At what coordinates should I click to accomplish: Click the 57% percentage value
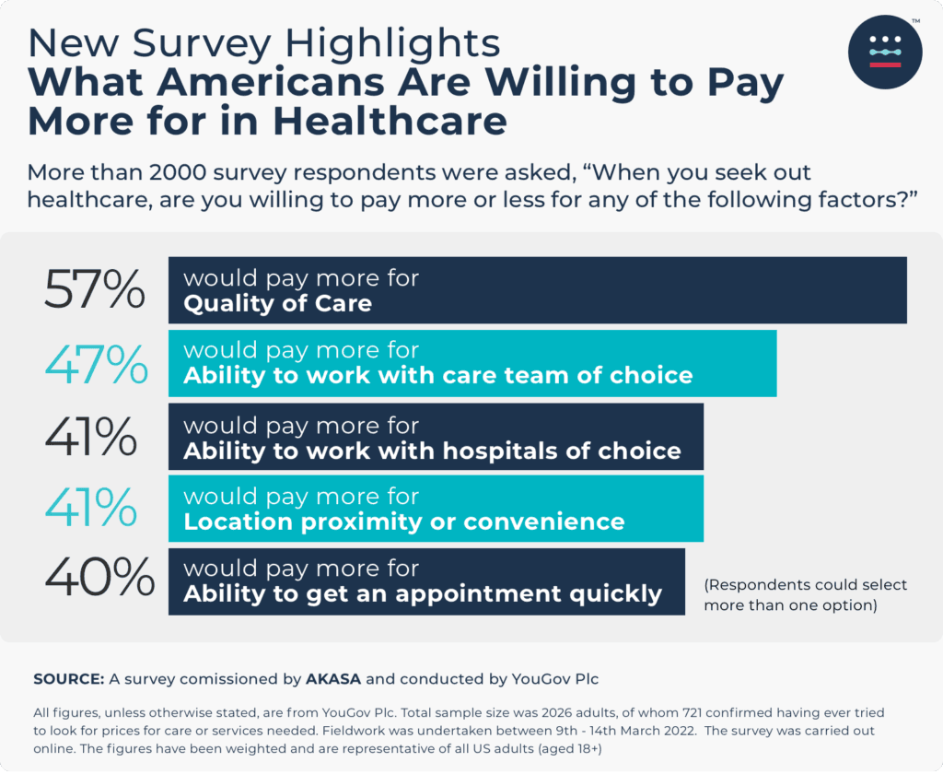pos(95,289)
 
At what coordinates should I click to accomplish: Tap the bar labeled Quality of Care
pos(537,290)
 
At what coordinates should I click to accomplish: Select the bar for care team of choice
pos(471,363)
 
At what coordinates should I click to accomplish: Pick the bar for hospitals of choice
pos(435,436)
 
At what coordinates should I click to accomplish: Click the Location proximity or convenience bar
pos(435,509)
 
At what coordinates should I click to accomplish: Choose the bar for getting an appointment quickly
pos(425,581)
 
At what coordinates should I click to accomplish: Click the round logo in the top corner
pos(884,52)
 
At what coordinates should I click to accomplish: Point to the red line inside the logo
pos(884,64)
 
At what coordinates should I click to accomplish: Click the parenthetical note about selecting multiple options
pos(806,595)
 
